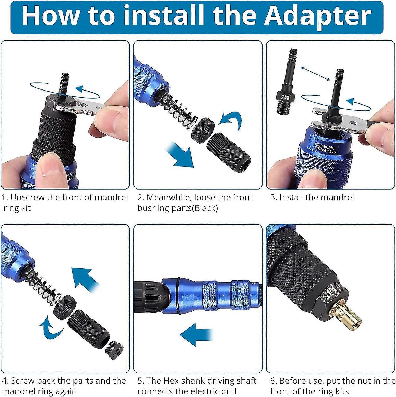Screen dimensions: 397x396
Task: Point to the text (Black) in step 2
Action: tap(205, 208)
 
